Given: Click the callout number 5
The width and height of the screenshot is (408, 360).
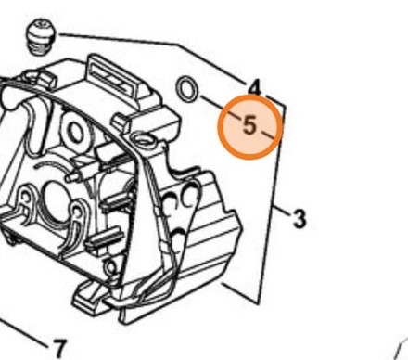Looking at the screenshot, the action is click(x=249, y=126).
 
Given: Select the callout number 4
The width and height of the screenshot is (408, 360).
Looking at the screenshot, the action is click(x=255, y=88).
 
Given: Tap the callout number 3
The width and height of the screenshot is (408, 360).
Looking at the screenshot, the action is click(x=299, y=219).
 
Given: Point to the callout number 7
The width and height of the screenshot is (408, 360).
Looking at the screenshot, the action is click(x=59, y=349).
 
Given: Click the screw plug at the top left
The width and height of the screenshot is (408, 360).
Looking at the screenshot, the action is click(x=40, y=37).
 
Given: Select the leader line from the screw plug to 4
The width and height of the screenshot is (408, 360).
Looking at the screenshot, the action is click(x=155, y=43).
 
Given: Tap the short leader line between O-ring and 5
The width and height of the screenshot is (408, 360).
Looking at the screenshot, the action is click(x=220, y=107).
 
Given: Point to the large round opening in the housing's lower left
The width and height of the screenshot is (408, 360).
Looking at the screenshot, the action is click(x=57, y=201).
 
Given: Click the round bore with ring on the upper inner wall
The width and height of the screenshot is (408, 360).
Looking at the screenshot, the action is click(x=74, y=133).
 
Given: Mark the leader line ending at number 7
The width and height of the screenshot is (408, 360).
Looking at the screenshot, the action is click(x=22, y=332).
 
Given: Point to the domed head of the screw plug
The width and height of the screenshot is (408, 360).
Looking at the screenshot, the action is click(x=41, y=29).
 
